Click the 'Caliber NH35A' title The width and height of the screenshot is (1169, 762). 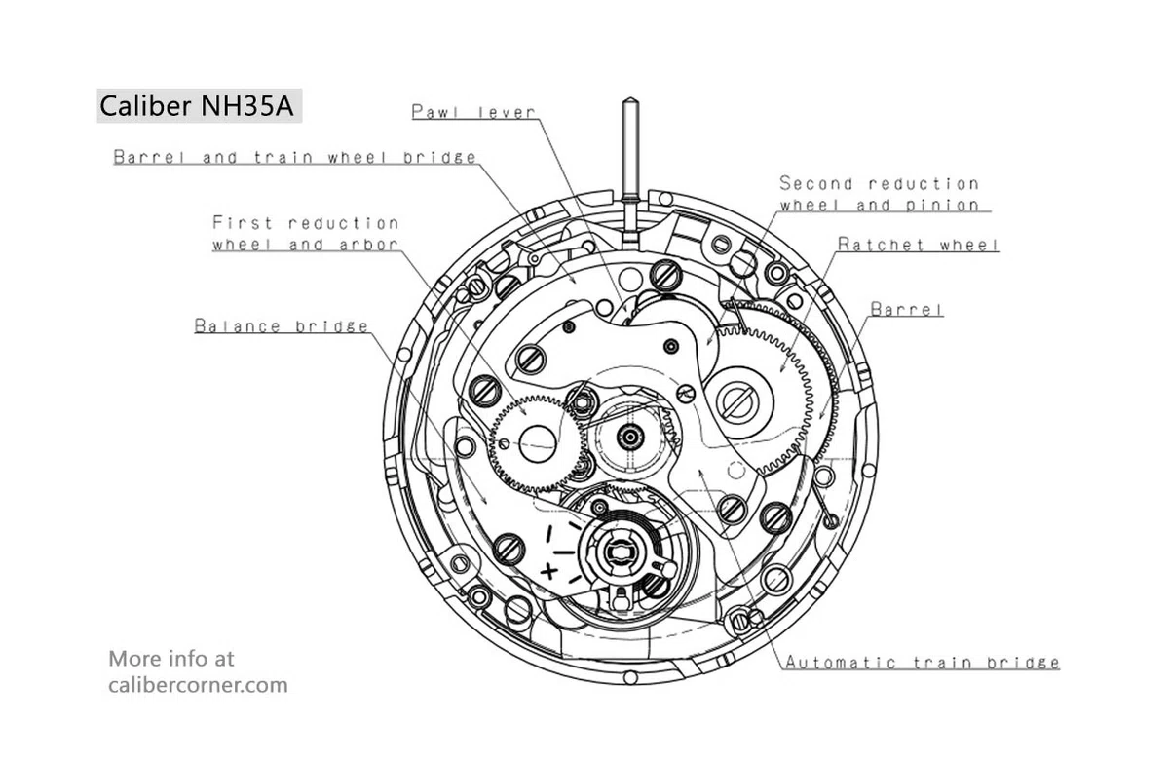[196, 106]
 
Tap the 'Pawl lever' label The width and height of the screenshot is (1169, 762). [473, 112]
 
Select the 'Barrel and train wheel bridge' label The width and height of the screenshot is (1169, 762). [295, 157]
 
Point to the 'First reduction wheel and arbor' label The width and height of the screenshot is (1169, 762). [305, 234]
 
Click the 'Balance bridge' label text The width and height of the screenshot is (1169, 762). [282, 326]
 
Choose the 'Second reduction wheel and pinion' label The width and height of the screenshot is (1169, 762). [880, 194]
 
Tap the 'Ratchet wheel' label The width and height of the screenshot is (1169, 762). [919, 245]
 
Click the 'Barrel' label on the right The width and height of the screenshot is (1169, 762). [907, 309]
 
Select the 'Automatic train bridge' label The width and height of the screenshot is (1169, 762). [923, 663]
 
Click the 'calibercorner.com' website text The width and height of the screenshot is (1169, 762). [198, 685]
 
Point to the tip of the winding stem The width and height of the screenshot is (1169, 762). [630, 98]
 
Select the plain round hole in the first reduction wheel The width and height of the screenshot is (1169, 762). [538, 444]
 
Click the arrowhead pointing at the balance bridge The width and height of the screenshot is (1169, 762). [484, 500]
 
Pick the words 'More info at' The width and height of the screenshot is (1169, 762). [171, 659]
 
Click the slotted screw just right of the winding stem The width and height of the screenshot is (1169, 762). [666, 276]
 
